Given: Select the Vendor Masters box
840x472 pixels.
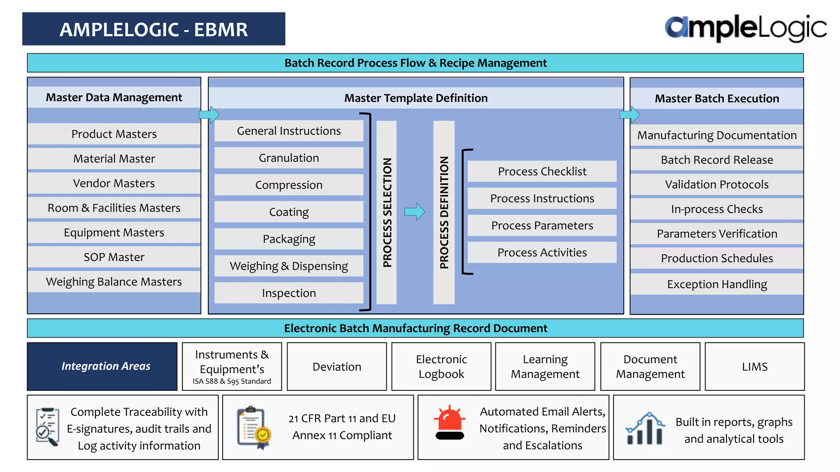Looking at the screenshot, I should pos(114,183).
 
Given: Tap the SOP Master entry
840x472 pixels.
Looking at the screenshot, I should pos(114,257).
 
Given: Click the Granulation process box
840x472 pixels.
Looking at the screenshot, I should pos(289,158).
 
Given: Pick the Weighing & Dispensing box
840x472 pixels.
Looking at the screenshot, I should pos(289,266).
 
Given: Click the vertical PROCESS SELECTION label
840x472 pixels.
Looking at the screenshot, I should pos(387,212).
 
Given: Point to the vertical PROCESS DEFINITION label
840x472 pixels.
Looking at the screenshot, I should pos(444,212).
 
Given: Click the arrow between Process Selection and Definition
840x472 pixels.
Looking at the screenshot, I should pos(415,212).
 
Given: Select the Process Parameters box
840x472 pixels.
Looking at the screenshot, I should pos(542,225).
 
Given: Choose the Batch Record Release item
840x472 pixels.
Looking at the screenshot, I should pos(717,160).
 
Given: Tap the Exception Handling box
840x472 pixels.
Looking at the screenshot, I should pos(717,284).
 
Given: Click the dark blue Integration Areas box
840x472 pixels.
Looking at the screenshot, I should pos(102,366).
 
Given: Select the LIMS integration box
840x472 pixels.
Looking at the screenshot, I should pos(754,366).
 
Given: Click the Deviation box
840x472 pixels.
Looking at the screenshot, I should pos(337,366).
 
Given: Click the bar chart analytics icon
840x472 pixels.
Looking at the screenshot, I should pos(645,429).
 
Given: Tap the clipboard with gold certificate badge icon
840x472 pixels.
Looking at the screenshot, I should pos(254,428).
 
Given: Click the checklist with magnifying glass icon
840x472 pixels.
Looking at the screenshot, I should pos(47,427).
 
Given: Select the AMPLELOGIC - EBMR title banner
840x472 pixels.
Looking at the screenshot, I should pos(154,29).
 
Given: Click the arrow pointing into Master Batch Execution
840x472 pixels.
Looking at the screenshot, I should pos(630,115).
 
